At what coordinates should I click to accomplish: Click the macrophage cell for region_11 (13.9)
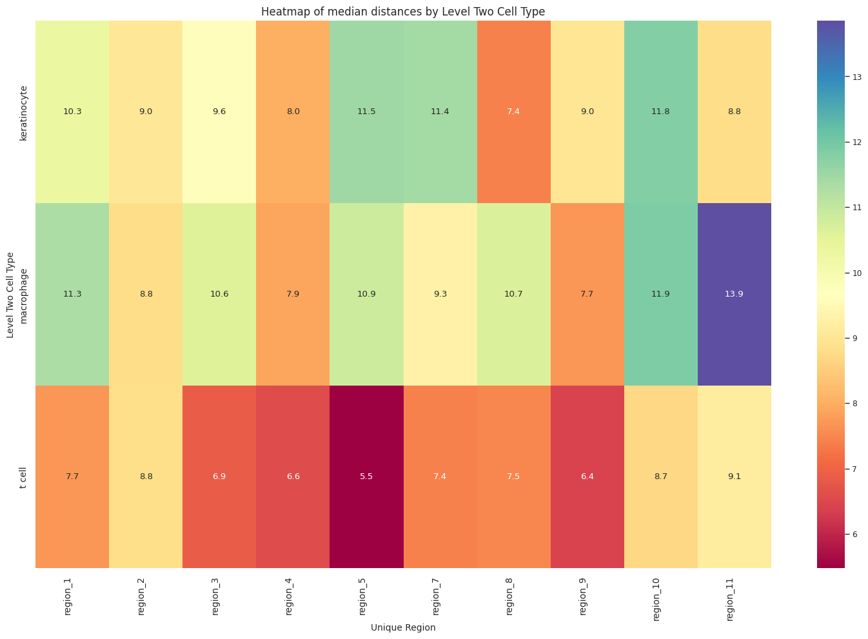[734, 294]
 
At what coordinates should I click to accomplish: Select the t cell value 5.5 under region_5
[366, 477]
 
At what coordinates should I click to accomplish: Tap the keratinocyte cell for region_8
[513, 112]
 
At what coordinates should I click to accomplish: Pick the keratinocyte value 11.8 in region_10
[660, 112]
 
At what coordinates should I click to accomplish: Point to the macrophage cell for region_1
[72, 294]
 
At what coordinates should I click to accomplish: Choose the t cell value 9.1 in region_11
[734, 477]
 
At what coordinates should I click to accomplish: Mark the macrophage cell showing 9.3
[440, 294]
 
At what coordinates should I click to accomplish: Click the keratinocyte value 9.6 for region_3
[219, 112]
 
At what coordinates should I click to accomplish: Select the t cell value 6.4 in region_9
[587, 477]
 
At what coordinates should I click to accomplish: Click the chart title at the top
[403, 11]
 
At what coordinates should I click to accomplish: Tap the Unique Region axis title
[403, 627]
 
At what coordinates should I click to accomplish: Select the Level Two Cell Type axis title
[10, 294]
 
